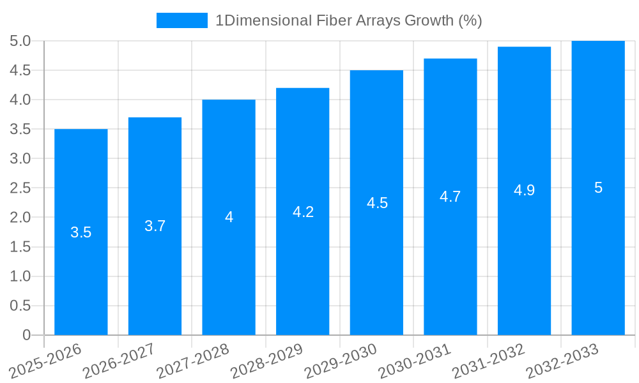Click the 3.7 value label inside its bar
[x=155, y=226]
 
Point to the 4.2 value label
[x=303, y=212]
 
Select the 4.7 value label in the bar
[x=450, y=197]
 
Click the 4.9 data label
[x=524, y=190]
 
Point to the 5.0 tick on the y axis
[x=20, y=41]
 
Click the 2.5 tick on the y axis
[x=20, y=188]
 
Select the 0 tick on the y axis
[x=26, y=335]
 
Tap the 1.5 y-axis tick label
[x=20, y=247]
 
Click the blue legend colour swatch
[x=182, y=20]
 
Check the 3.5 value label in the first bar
[x=81, y=232]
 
